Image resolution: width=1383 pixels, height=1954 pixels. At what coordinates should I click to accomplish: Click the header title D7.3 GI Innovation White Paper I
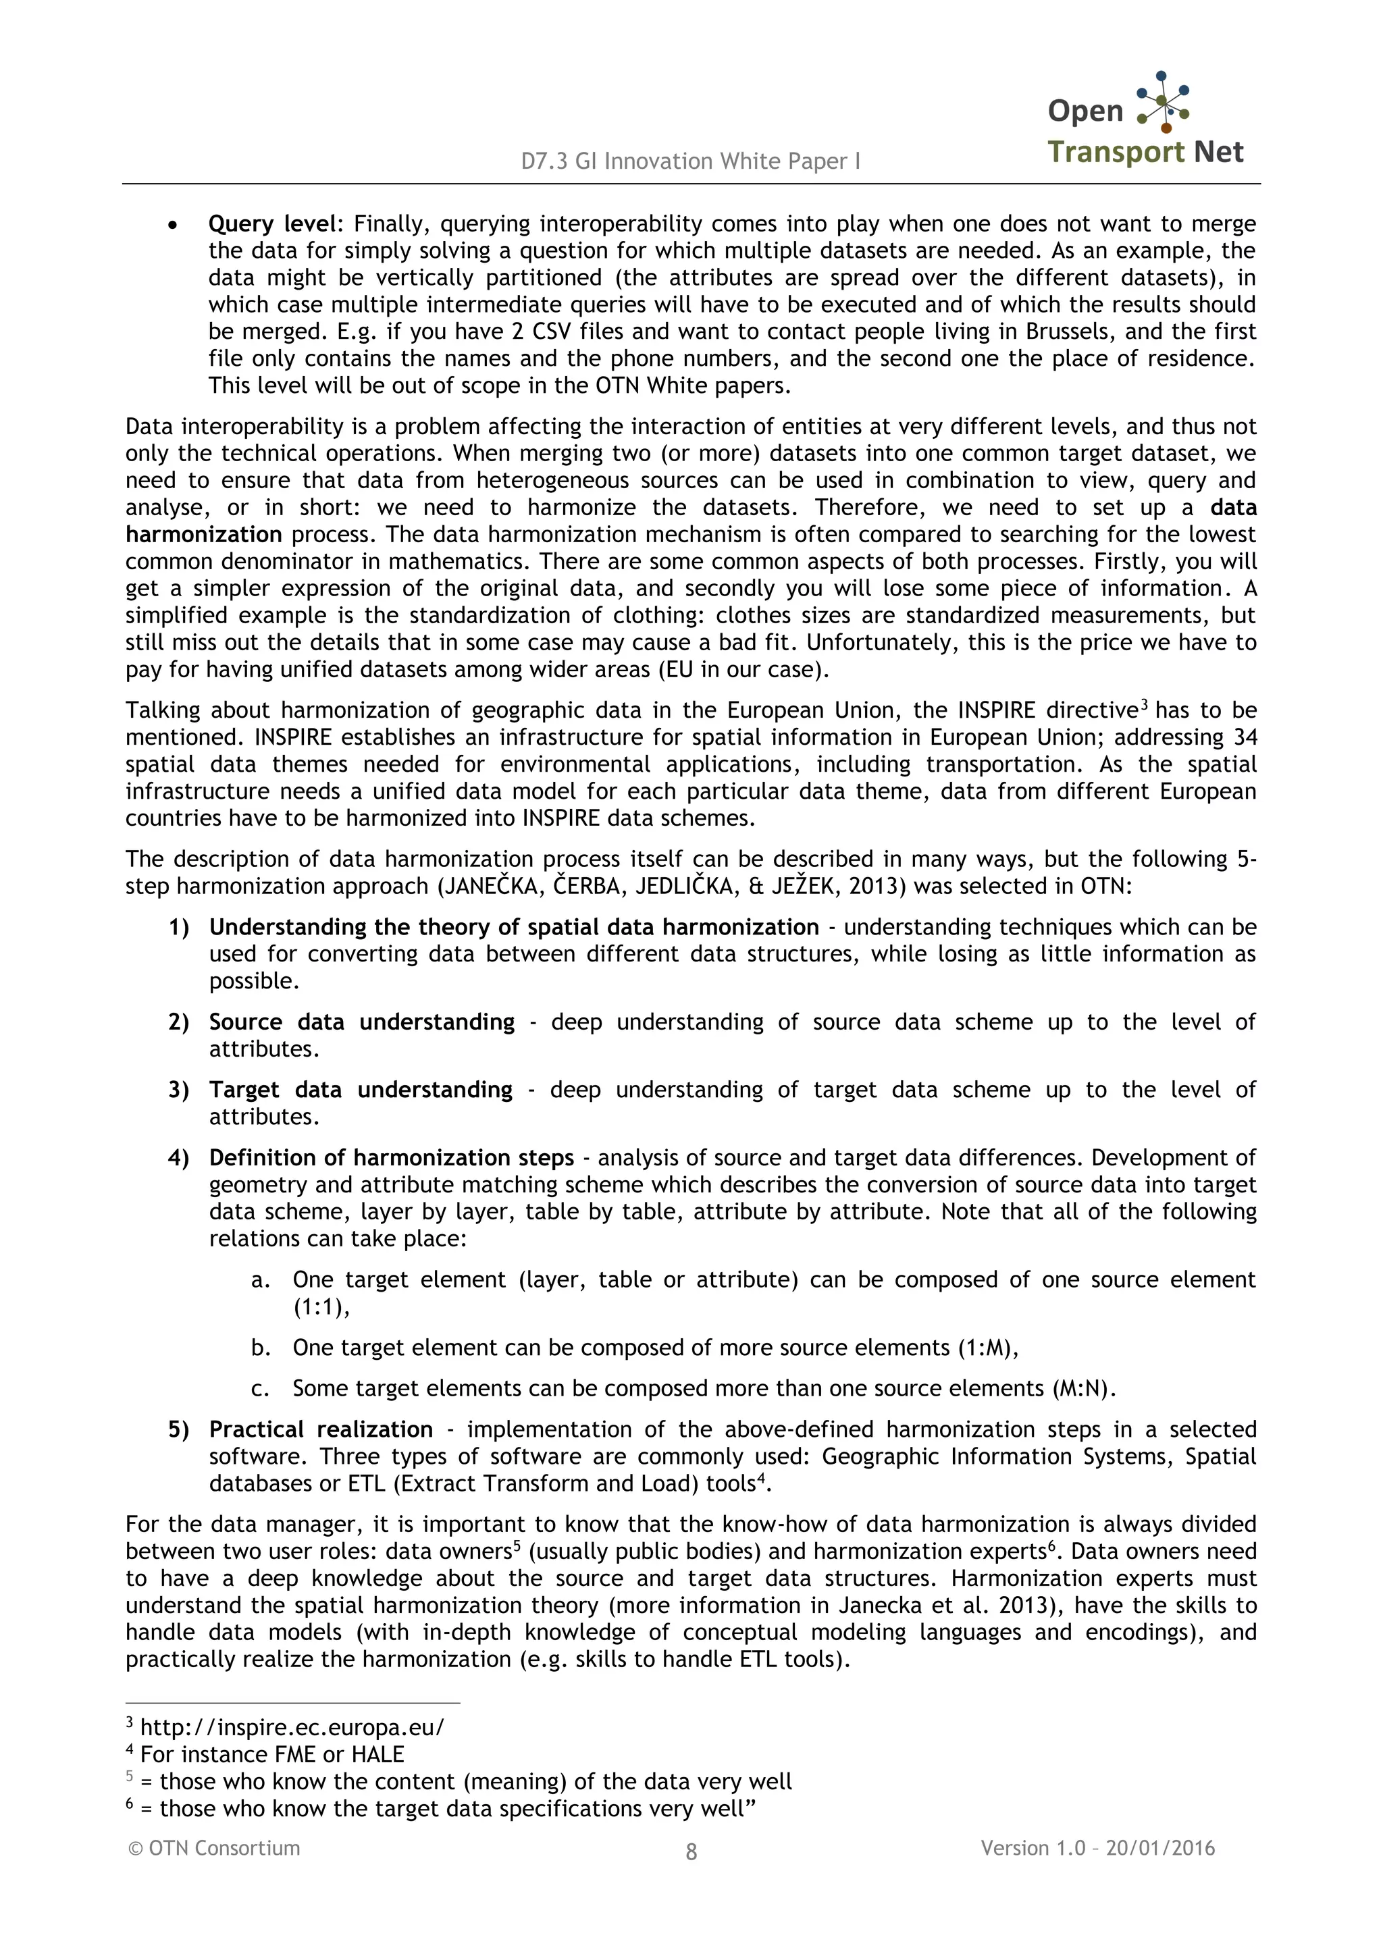tap(691, 161)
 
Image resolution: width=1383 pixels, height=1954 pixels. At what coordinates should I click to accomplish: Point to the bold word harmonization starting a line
tap(203, 535)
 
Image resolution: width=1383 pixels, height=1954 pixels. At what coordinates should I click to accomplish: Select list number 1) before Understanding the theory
tap(179, 927)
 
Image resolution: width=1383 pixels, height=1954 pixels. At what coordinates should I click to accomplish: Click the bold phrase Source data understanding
tap(362, 1022)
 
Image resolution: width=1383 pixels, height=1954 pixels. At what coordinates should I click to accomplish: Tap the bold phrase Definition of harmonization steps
tap(392, 1158)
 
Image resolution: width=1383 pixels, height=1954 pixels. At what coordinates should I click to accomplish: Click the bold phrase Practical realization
tap(321, 1429)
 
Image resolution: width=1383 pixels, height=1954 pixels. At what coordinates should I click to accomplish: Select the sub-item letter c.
tap(260, 1389)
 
